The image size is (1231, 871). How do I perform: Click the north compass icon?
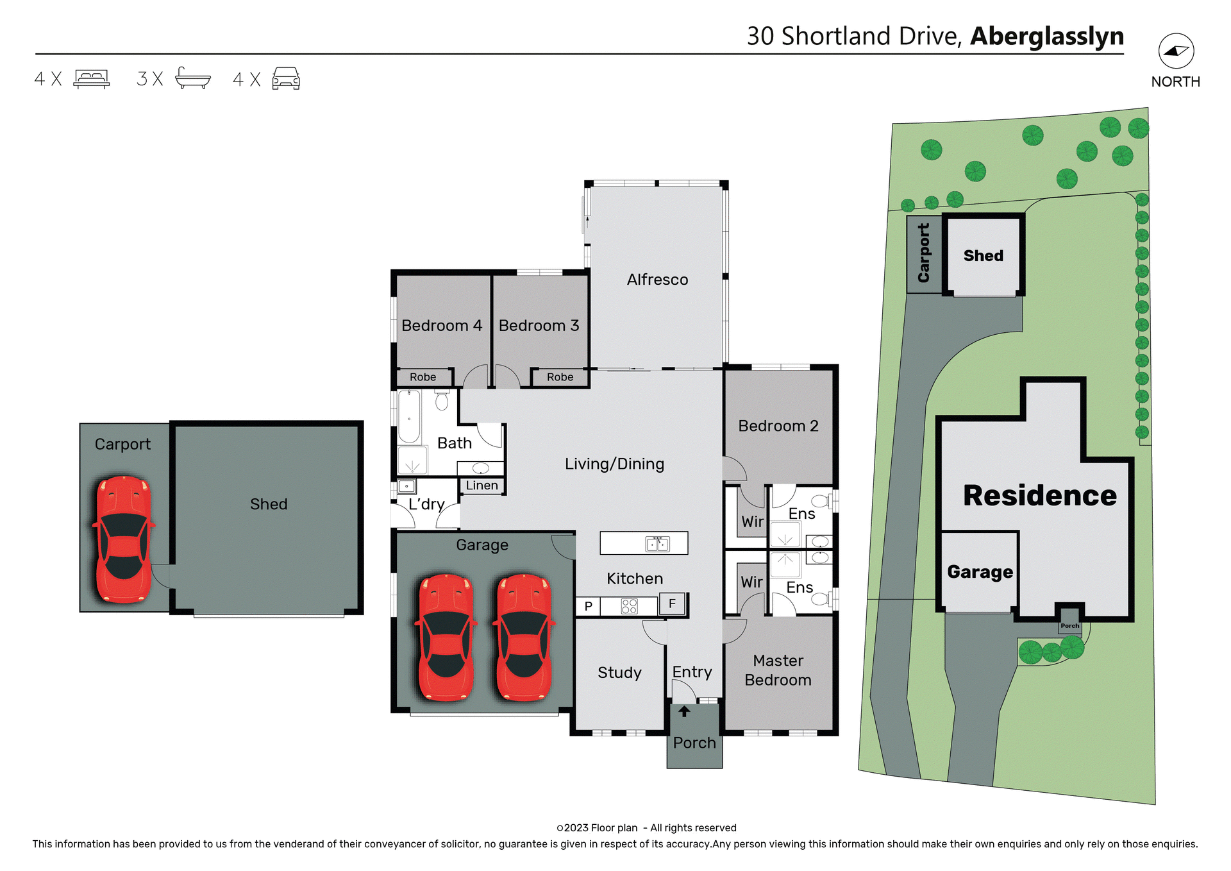[1175, 51]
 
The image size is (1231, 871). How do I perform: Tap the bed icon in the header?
[92, 79]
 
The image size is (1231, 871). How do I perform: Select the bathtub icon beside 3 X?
[192, 78]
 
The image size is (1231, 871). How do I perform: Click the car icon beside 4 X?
[286, 79]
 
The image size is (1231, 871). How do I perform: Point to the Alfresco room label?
[657, 280]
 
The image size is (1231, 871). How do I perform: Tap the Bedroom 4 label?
[441, 326]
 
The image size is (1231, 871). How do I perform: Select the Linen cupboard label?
[482, 486]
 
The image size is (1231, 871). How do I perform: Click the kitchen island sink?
[657, 545]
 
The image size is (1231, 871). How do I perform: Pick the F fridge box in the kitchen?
[672, 604]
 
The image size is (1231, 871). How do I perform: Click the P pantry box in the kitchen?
[588, 606]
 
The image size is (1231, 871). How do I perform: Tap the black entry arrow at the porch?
[684, 711]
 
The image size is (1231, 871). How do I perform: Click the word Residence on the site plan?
[1039, 496]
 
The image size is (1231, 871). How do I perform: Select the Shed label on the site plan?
[983, 256]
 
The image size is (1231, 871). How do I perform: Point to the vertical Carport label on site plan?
[923, 253]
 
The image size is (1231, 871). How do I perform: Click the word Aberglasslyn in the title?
[1046, 37]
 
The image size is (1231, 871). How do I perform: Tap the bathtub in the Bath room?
[409, 417]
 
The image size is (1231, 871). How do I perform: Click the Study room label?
[619, 673]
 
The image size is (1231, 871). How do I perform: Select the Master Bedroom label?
[778, 670]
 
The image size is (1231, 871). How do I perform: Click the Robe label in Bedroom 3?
[560, 377]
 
